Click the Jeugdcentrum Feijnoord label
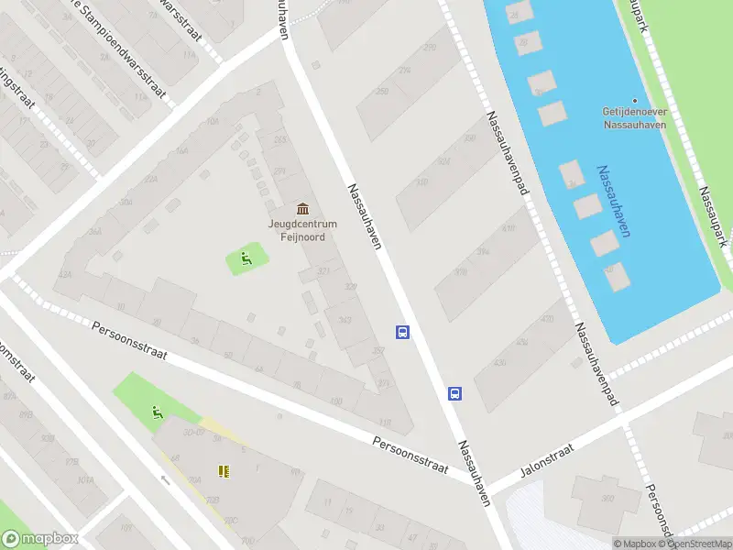tap(302, 230)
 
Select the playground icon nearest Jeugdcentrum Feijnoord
tap(246, 259)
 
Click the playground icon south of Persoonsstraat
tap(158, 413)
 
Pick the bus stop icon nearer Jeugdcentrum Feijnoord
tap(402, 332)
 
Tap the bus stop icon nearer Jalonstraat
tap(454, 394)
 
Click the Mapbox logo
tap(38, 538)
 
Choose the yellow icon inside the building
tap(223, 471)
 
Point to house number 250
tap(382, 91)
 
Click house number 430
tap(499, 362)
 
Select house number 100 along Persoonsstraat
tap(335, 401)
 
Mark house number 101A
tap(85, 479)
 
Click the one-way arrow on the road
tap(166, 479)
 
